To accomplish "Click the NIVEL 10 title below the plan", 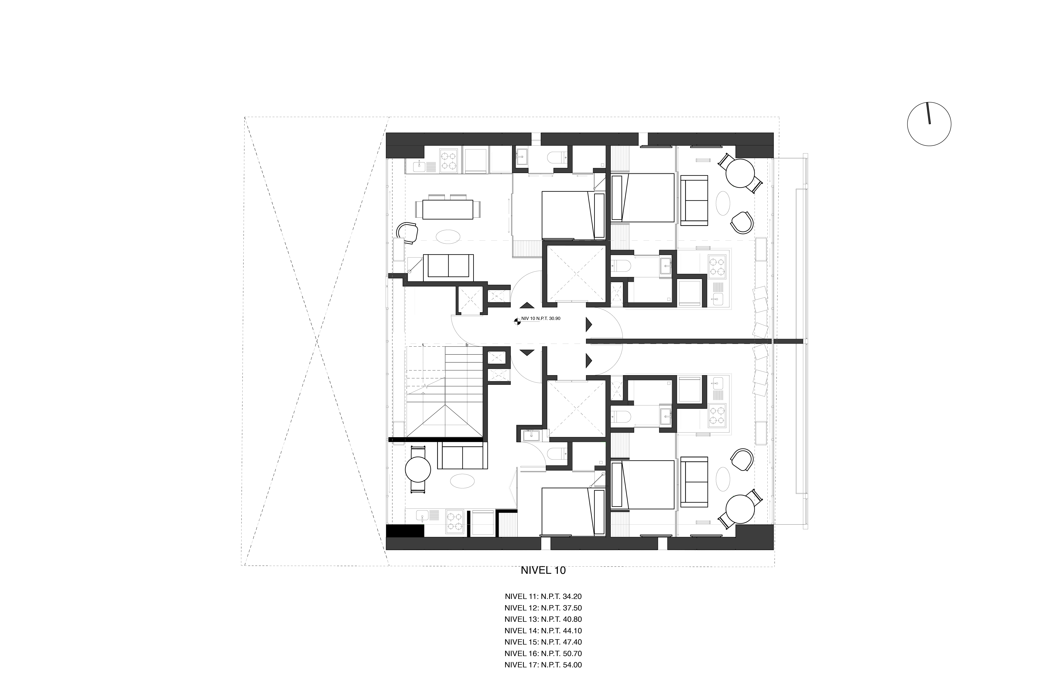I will pyautogui.click(x=543, y=570).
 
